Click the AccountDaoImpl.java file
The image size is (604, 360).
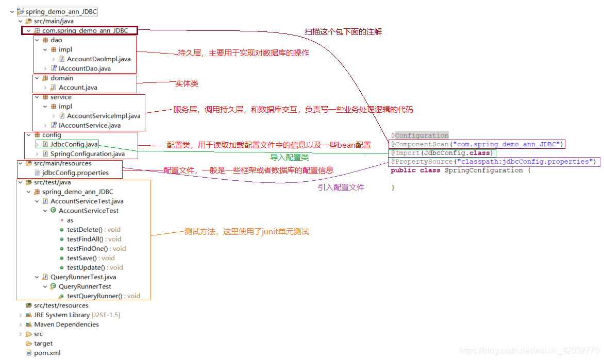pos(98,59)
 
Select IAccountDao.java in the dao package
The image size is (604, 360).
pos(85,68)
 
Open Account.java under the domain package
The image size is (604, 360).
pos(78,88)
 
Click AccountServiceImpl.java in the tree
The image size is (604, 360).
pos(103,116)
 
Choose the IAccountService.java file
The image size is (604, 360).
pos(90,125)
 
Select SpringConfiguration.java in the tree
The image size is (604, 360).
pos(87,153)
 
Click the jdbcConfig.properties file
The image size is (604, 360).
pos(75,173)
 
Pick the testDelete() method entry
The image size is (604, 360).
pos(85,230)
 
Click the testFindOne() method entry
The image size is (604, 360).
pos(87,249)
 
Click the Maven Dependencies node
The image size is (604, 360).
pos(66,324)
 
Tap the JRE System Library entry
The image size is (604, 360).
pos(61,315)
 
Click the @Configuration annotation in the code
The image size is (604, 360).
pos(420,135)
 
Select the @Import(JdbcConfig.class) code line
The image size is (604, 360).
pos(442,153)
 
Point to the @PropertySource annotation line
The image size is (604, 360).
pos(493,162)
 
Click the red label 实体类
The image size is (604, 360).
pos(187,84)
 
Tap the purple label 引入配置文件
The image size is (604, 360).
pos(341,187)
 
